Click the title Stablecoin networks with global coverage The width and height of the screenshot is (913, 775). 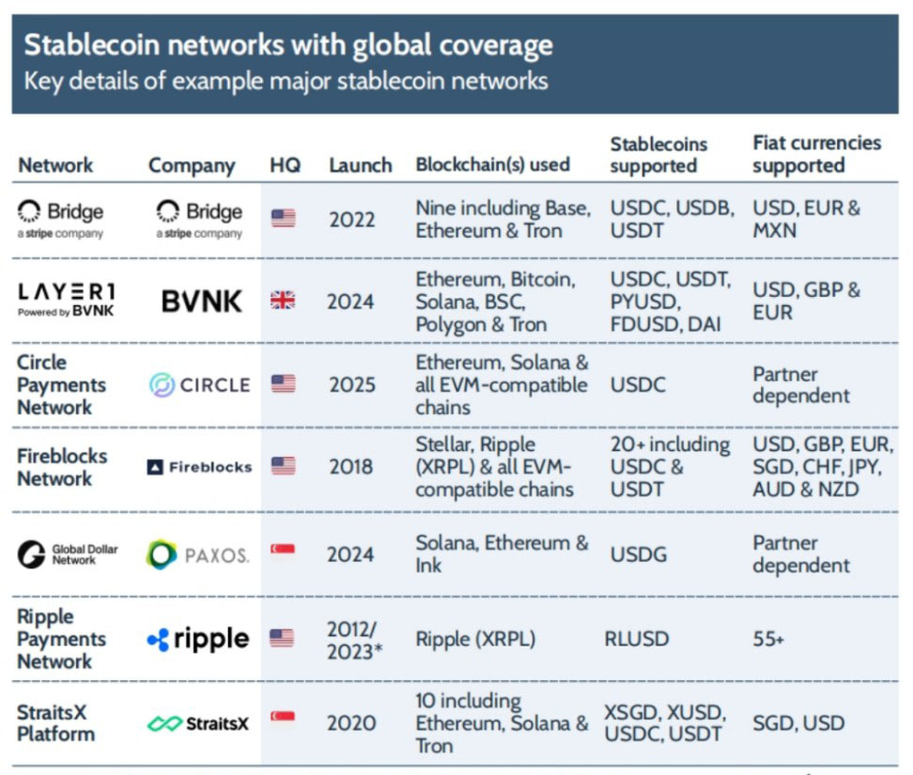click(x=287, y=45)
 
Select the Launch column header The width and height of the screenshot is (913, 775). click(x=360, y=165)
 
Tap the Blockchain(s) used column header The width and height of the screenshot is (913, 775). click(x=492, y=164)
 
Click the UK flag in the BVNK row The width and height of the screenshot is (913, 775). click(x=283, y=301)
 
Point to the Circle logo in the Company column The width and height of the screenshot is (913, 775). click(x=199, y=384)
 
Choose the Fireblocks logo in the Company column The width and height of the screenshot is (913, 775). click(x=199, y=467)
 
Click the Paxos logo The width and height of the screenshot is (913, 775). click(x=198, y=555)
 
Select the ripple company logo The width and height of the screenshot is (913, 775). click(x=198, y=640)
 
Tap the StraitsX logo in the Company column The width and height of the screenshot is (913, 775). click(x=198, y=723)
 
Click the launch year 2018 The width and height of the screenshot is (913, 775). click(x=350, y=467)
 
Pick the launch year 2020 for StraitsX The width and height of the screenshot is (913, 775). click(x=350, y=723)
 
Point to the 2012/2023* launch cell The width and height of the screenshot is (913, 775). click(x=354, y=640)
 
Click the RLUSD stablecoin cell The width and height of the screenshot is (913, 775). click(x=637, y=640)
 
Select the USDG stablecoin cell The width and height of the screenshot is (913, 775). click(x=638, y=554)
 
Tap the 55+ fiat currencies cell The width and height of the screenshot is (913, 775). click(x=768, y=640)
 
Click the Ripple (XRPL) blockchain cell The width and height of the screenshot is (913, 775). click(x=475, y=640)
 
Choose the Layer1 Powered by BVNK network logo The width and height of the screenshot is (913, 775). click(x=67, y=300)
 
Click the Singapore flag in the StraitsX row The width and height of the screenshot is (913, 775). click(x=283, y=718)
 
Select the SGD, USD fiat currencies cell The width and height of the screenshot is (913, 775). click(x=797, y=723)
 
